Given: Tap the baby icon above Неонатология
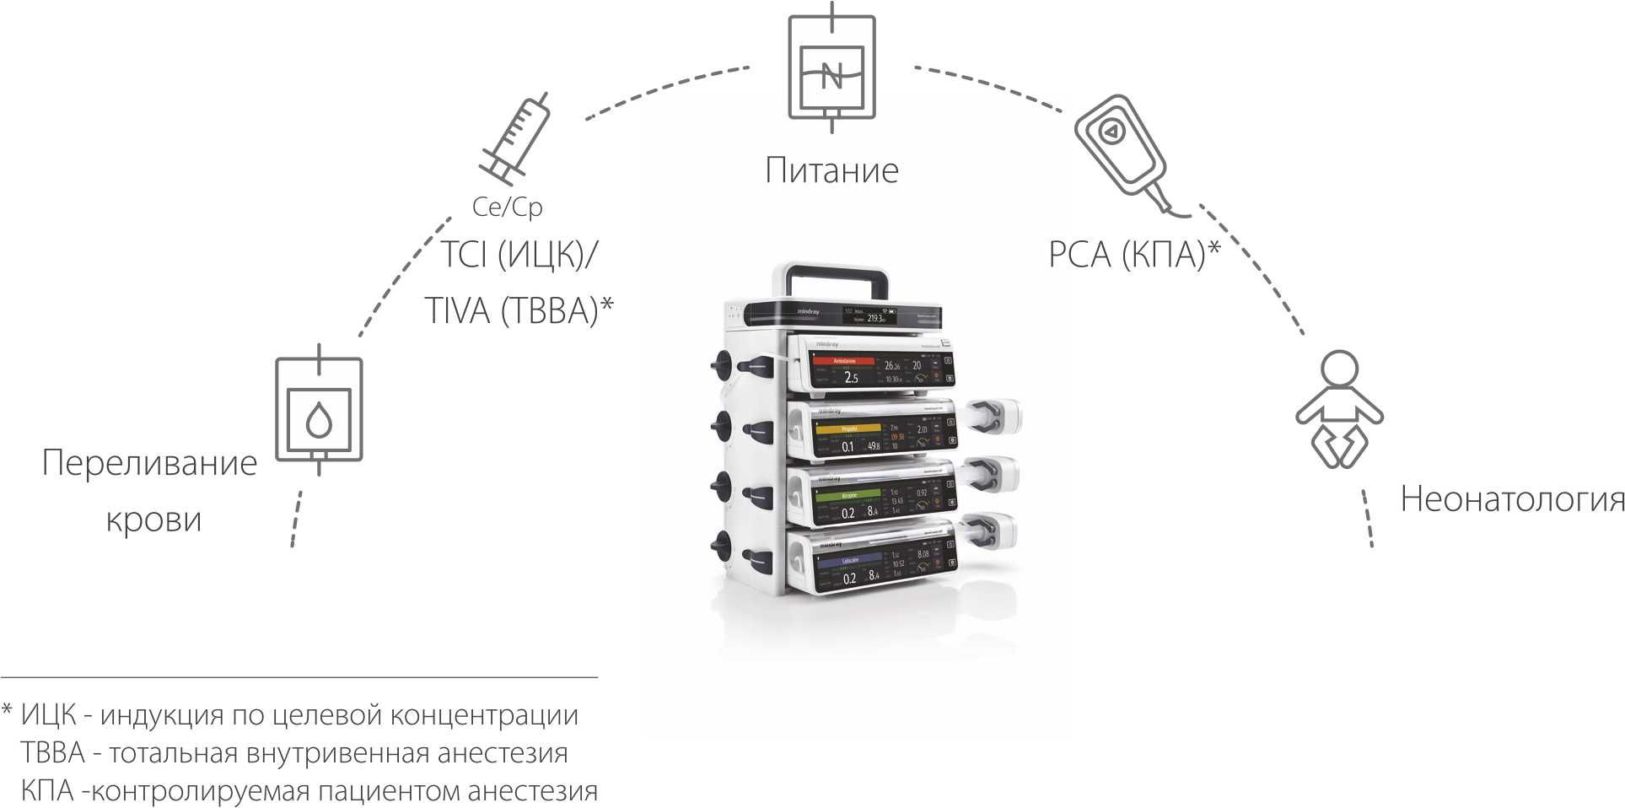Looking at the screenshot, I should (1339, 410).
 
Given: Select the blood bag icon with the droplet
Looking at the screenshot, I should (319, 410).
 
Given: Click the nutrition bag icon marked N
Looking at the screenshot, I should (831, 68).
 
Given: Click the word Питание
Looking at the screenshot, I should (831, 170).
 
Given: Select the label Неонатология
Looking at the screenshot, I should (1512, 499).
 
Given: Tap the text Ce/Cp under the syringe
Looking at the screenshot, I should (508, 207).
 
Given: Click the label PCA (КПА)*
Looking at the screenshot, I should (1134, 254).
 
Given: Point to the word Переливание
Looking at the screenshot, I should (149, 463).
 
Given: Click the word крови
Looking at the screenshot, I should (154, 519).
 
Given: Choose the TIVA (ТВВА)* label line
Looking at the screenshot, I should (518, 310).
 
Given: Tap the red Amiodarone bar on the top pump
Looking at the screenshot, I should (844, 361).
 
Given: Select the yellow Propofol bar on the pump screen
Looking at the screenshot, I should (847, 429).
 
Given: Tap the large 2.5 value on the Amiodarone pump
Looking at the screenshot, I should (851, 378).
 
